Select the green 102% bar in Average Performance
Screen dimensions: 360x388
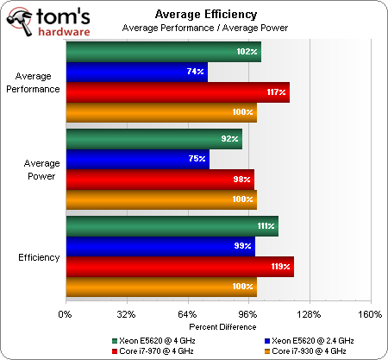point(162,53)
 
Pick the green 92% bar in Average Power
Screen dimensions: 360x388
point(153,138)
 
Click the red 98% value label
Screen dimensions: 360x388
point(242,180)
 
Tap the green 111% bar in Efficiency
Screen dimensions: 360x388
point(171,226)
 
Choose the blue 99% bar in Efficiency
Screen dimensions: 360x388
point(159,247)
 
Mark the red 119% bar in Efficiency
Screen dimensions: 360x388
point(178,267)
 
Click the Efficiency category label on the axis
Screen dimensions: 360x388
point(38,257)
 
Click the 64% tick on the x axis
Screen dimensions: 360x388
point(186,313)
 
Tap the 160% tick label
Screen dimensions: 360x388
point(369,313)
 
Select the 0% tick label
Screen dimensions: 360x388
point(64,313)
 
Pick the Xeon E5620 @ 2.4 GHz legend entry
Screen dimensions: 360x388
point(312,341)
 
